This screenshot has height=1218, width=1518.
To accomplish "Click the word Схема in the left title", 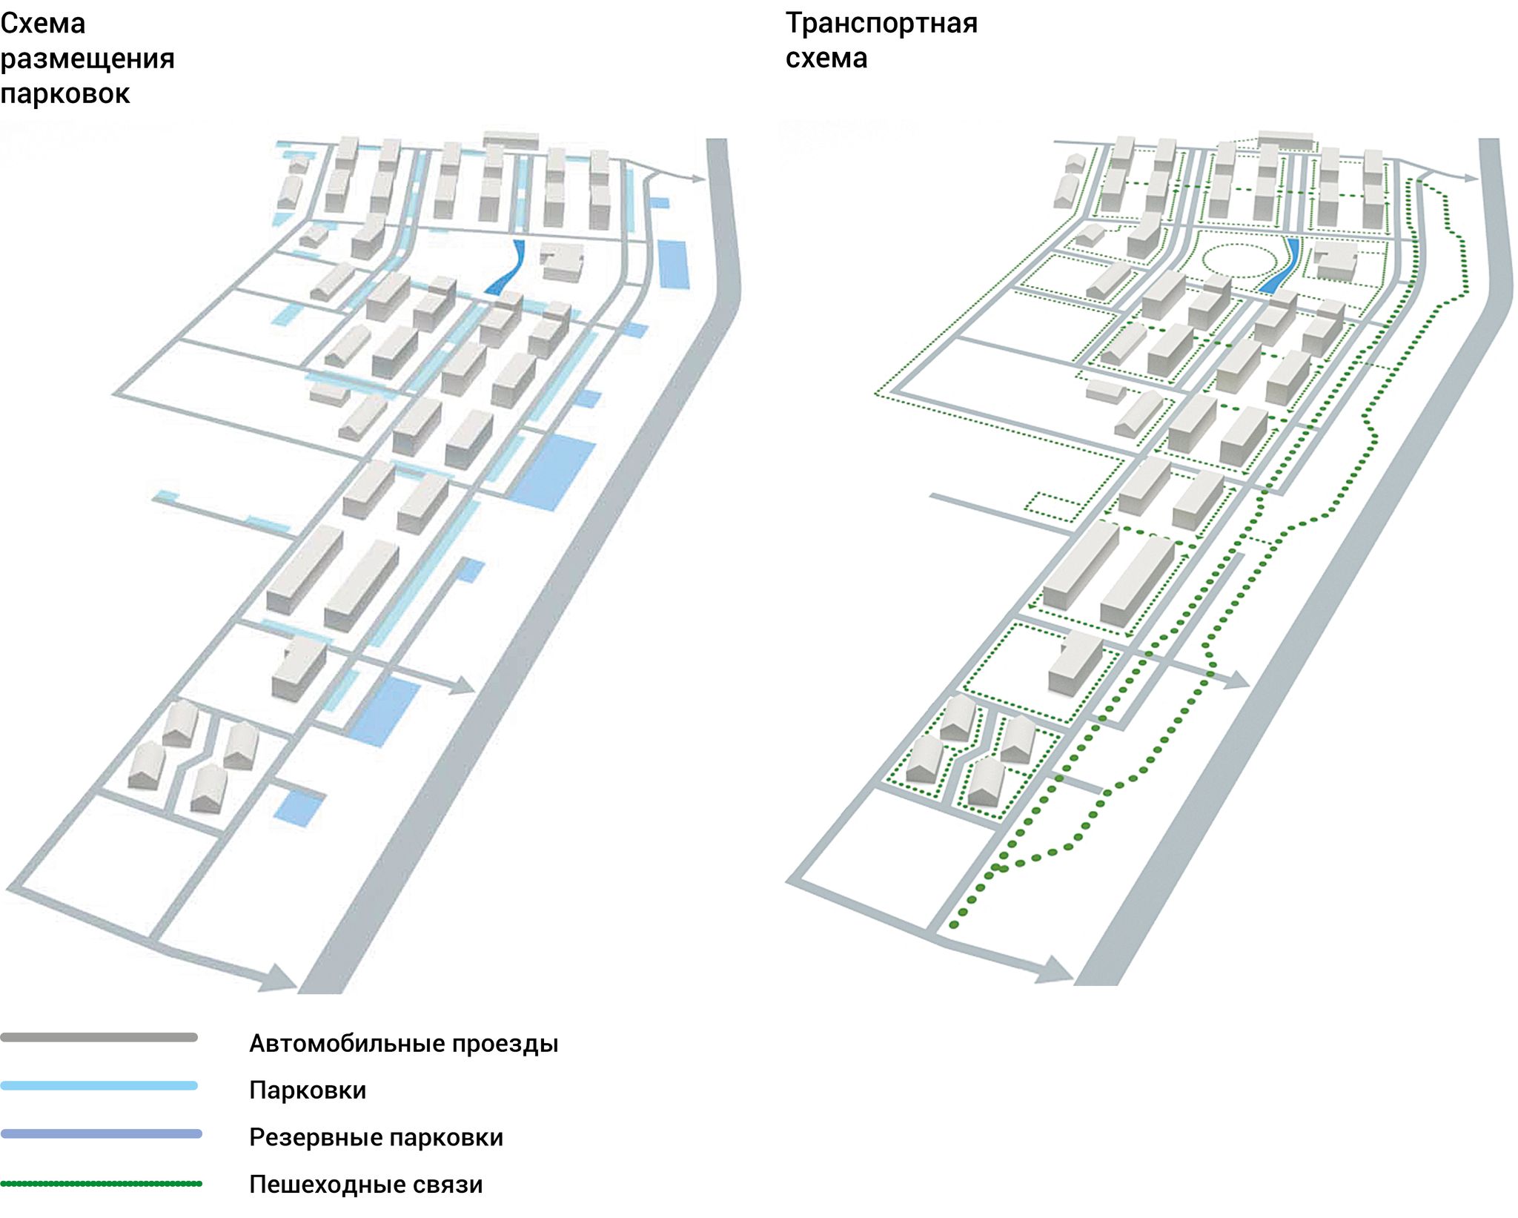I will [x=43, y=24].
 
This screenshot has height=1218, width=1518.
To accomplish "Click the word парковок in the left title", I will [x=65, y=94].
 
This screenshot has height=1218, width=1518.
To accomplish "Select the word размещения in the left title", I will [x=87, y=59].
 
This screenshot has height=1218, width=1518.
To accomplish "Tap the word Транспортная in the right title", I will [x=881, y=24].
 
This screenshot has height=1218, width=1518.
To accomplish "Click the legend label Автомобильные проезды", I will [x=403, y=1043].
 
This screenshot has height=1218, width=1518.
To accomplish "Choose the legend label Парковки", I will [x=308, y=1090].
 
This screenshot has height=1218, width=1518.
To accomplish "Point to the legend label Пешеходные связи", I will [x=365, y=1184].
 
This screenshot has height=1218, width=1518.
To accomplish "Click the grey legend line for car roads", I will [x=99, y=1037].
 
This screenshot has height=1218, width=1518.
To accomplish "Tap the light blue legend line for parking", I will [x=99, y=1085].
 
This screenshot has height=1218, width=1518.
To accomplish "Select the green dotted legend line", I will [x=101, y=1183].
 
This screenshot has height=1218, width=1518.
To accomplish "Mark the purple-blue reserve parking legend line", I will [x=101, y=1133].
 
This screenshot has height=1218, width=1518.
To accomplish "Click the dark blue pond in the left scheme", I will [x=507, y=268].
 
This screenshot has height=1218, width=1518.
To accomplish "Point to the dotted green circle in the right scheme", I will [x=1239, y=260].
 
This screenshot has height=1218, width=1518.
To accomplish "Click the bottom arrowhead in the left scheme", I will [x=282, y=979].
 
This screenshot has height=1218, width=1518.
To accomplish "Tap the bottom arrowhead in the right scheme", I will [x=1056, y=970].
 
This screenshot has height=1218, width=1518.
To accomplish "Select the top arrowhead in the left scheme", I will [x=696, y=178].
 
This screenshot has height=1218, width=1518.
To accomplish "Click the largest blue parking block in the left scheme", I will [x=554, y=471].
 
